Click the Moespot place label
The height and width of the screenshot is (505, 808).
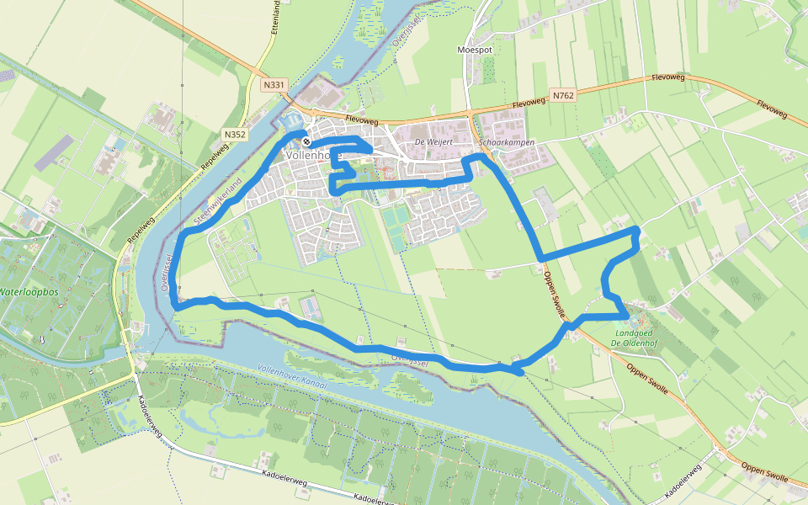pos(474,50)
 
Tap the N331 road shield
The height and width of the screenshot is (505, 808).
pos(274,85)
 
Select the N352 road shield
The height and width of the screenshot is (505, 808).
pos(235,134)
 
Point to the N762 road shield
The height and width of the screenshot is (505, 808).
pos(563,96)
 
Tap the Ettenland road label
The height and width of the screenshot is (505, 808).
pos(276,16)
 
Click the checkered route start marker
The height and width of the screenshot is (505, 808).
pos(307,141)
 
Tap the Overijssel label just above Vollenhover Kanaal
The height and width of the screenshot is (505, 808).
pos(411,359)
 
